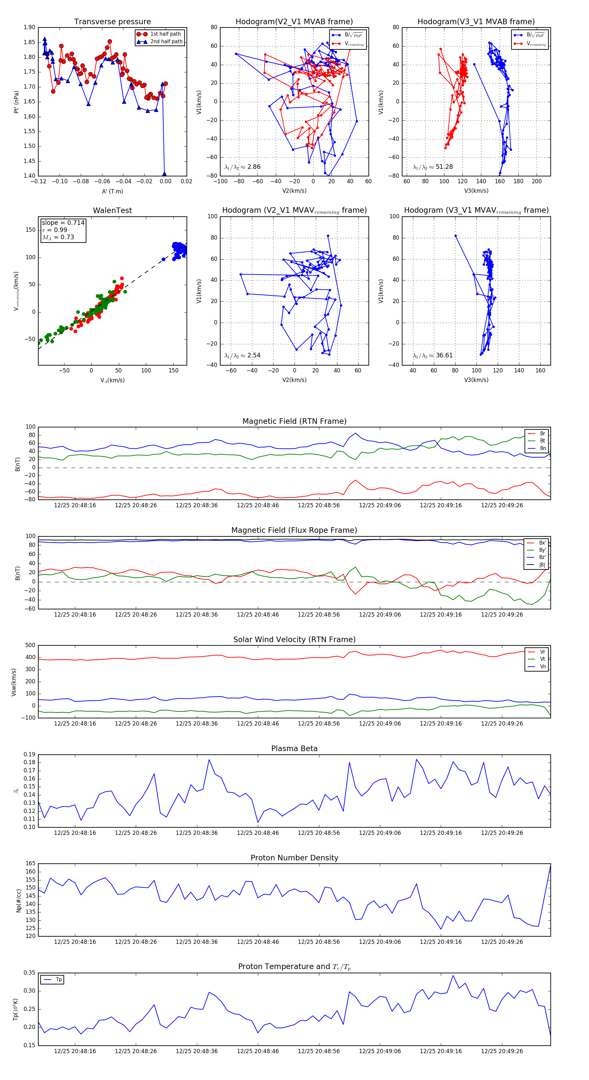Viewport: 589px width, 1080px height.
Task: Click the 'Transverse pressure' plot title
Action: [112, 22]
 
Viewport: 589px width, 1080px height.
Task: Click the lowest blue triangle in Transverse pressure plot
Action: [164, 173]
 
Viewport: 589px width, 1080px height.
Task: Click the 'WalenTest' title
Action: [112, 210]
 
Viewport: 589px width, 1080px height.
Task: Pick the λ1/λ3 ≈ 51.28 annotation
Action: [433, 167]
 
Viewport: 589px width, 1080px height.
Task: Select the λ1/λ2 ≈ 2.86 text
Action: [242, 167]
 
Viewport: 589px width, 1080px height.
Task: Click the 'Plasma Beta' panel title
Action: [294, 748]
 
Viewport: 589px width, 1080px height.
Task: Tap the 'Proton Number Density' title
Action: [294, 858]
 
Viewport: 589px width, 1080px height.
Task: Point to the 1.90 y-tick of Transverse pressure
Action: [29, 28]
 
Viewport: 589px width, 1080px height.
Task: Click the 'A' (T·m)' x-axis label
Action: [112, 191]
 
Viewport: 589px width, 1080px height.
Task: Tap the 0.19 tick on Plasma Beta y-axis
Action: [29, 755]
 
